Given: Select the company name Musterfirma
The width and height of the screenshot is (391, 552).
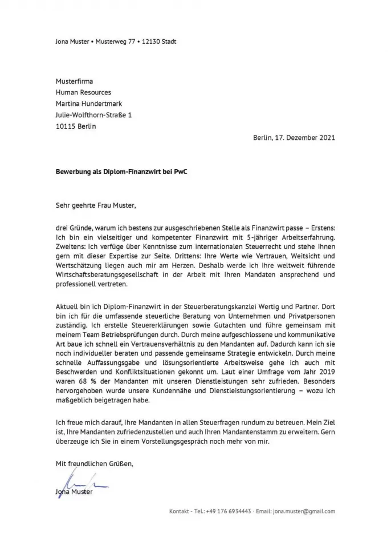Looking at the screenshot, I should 74,81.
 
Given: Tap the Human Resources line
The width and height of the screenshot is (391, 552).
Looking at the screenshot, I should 83,92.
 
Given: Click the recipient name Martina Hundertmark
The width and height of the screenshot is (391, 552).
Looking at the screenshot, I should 88,104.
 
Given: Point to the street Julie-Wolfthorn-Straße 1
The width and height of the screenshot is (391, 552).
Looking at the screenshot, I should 93,115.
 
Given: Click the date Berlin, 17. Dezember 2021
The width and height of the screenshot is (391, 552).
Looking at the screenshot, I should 294,137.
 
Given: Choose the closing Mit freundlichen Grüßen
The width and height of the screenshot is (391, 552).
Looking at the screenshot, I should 94,464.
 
